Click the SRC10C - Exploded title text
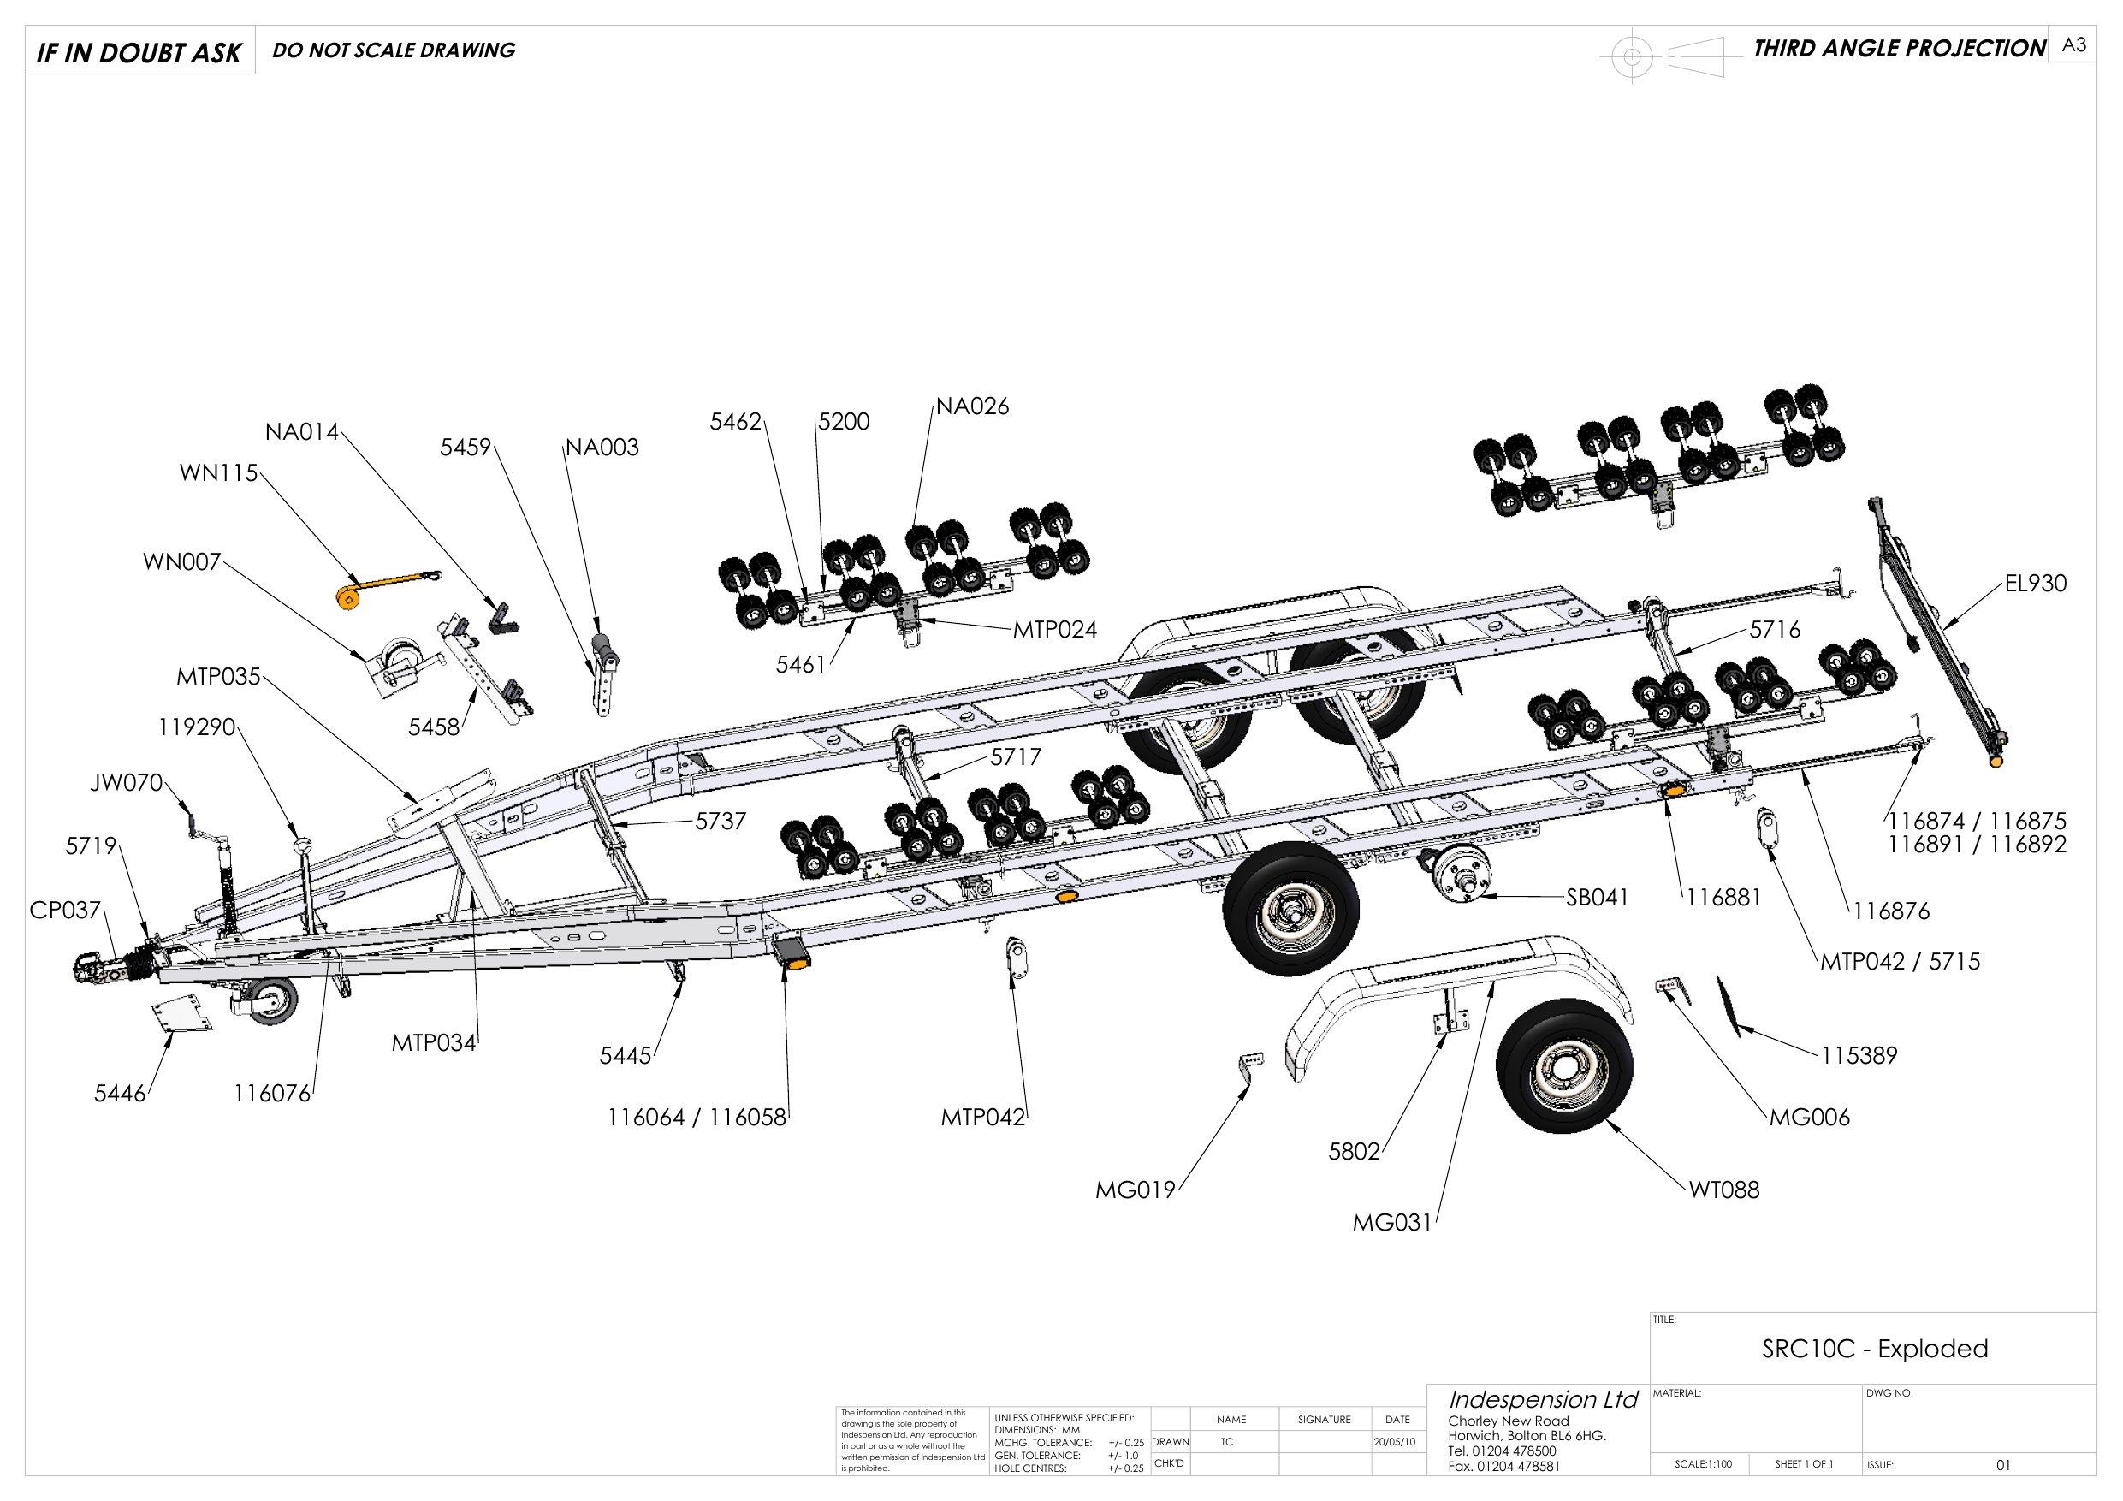tap(1874, 1349)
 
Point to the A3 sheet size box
tap(2074, 45)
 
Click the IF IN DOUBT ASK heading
tap(139, 53)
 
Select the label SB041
tap(1596, 897)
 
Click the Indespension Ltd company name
tap(1542, 1399)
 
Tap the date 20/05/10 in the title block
tap(1397, 1442)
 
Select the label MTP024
tap(1055, 631)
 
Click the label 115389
tap(1859, 1055)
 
